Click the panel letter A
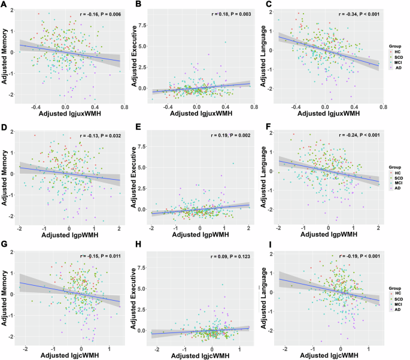[x=4, y=5]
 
